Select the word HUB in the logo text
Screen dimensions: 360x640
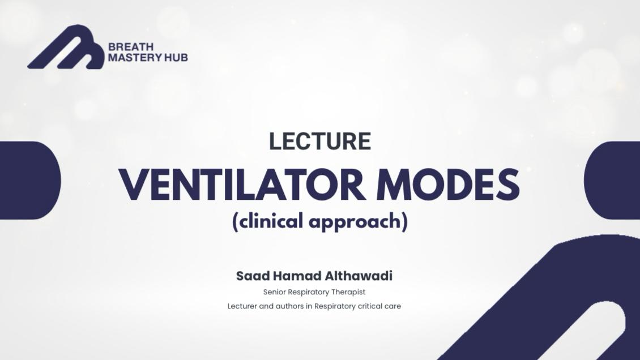[x=176, y=57]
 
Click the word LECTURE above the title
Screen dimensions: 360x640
[x=320, y=142]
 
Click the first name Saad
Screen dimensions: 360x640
[x=253, y=276]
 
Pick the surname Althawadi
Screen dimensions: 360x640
[x=359, y=276]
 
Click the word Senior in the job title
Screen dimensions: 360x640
[x=274, y=292]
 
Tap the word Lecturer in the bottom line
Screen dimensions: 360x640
[x=242, y=306]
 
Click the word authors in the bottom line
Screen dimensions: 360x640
[x=289, y=306]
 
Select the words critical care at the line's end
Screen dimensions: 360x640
[x=379, y=306]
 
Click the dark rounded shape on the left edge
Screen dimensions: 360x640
[x=28, y=180]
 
